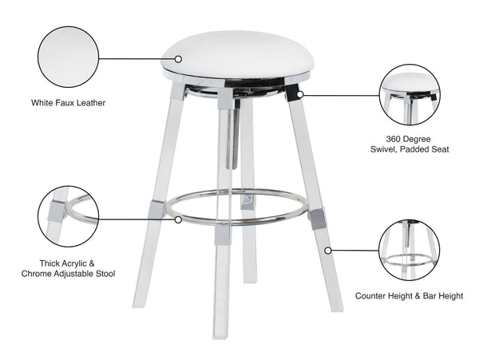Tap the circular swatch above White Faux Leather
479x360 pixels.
[68, 57]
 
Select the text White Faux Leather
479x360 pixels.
[69, 103]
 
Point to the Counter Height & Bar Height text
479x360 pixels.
[409, 295]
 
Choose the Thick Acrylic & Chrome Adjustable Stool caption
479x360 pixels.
[69, 267]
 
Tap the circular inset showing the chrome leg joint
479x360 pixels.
[68, 216]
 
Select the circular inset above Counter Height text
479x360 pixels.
[409, 249]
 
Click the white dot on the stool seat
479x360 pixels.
[179, 58]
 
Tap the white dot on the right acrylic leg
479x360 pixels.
[327, 249]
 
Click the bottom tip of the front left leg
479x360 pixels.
[138, 303]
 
